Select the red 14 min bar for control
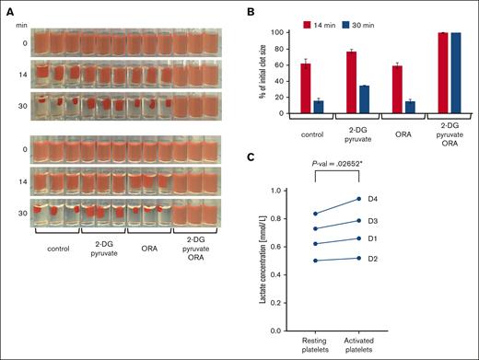pos(303,88)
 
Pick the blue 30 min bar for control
pos(317,107)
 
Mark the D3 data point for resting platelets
pos(315,228)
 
